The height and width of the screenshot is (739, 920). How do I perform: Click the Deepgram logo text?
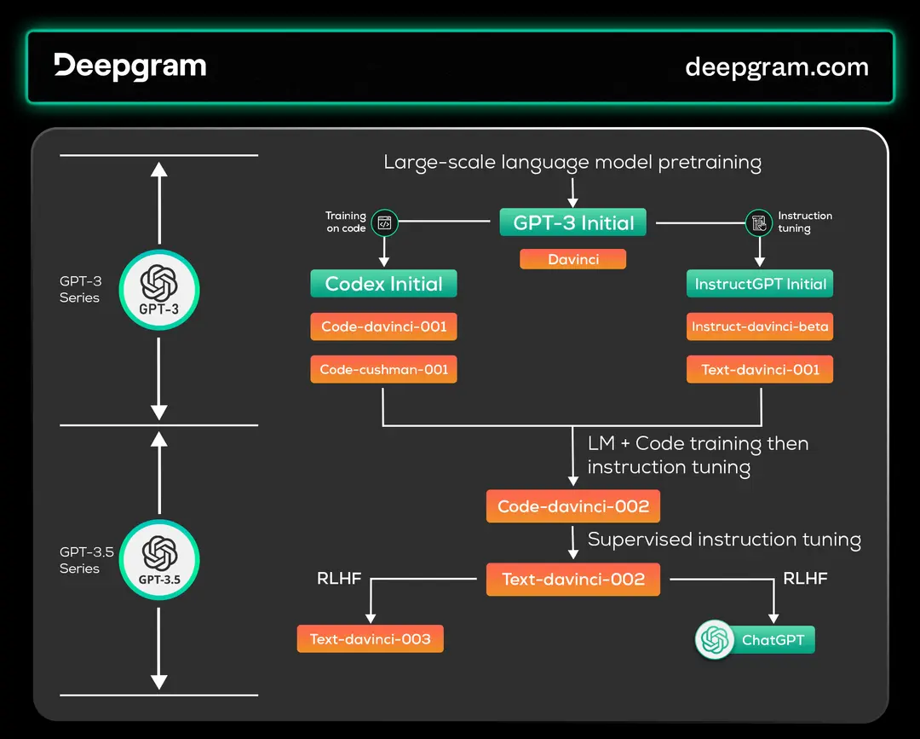(x=130, y=66)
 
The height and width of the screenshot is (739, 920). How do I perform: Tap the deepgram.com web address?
(x=776, y=67)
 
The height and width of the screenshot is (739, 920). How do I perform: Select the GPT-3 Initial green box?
(x=573, y=223)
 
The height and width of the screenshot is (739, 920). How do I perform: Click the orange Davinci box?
(x=573, y=259)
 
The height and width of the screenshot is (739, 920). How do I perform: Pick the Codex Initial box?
(x=384, y=284)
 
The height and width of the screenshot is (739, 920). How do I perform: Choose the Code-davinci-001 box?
(x=384, y=326)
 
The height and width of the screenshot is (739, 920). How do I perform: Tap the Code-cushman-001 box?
(x=384, y=370)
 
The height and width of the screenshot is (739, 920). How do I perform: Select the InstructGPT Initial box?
(x=760, y=284)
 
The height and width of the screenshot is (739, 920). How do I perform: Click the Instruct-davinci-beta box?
(x=760, y=326)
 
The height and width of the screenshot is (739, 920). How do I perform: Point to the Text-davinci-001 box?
(x=760, y=370)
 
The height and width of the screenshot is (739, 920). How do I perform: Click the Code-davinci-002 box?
(x=573, y=506)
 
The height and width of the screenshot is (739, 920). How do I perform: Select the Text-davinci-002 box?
(x=573, y=580)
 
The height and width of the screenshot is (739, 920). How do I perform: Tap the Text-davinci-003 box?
(x=371, y=639)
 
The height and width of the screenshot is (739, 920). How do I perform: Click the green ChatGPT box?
(x=755, y=640)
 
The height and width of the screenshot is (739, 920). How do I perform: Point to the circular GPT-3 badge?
(x=158, y=290)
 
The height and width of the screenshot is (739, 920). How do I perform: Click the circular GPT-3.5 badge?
(x=158, y=560)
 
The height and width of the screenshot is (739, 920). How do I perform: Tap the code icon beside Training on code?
(x=384, y=223)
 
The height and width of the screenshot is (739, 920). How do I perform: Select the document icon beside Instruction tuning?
(x=758, y=223)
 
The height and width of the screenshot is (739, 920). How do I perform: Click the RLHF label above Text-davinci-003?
(x=339, y=579)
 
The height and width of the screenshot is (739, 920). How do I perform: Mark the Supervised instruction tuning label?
(x=724, y=540)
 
